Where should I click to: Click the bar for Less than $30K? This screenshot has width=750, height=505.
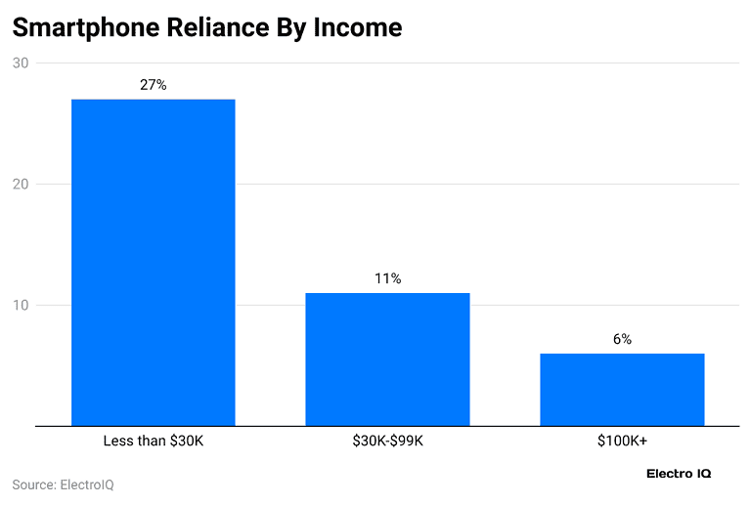click(x=154, y=263)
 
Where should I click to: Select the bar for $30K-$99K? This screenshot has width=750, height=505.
click(x=387, y=359)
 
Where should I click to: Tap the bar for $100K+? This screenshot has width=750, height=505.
click(x=622, y=390)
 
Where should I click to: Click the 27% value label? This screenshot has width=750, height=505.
click(x=154, y=85)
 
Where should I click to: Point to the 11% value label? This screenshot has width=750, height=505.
click(x=387, y=278)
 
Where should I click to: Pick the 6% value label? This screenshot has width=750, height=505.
click(x=622, y=339)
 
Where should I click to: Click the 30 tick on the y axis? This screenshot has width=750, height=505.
click(x=21, y=63)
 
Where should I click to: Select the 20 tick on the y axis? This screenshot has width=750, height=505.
click(x=21, y=184)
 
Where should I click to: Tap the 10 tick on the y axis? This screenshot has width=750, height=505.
click(x=21, y=305)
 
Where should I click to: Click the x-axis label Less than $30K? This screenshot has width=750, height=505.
click(x=154, y=441)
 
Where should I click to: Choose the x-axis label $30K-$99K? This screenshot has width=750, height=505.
click(x=387, y=441)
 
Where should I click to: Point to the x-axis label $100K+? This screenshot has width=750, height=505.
click(x=622, y=441)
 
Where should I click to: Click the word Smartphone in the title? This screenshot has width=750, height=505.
click(x=86, y=27)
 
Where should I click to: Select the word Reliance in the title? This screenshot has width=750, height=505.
click(x=218, y=26)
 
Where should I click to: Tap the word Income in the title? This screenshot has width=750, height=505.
click(x=358, y=26)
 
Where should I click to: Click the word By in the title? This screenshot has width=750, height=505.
click(x=291, y=28)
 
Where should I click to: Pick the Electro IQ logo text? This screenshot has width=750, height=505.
click(x=679, y=474)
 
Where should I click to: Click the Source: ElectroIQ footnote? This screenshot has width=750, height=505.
click(x=64, y=484)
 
